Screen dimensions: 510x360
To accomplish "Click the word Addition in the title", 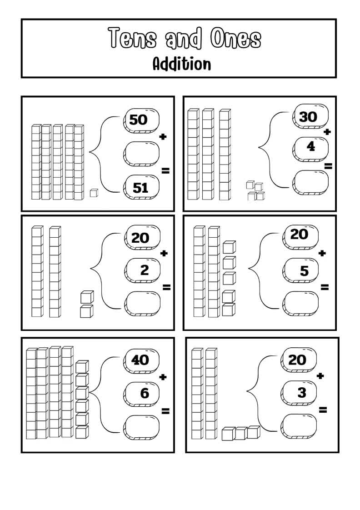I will (x=181, y=64).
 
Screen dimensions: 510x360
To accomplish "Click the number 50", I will (x=139, y=120).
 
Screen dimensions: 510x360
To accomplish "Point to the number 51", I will (x=140, y=187).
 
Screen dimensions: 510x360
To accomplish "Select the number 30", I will (x=308, y=117).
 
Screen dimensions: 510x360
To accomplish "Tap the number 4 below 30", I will (x=311, y=146).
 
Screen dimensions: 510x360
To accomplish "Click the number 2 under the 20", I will (x=145, y=270).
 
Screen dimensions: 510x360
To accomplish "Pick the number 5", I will (x=304, y=271).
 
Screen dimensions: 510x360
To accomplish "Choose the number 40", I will (x=140, y=360).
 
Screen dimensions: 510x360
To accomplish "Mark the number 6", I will (x=145, y=393).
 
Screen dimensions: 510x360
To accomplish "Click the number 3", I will (x=302, y=392).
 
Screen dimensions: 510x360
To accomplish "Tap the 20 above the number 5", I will (x=299, y=235).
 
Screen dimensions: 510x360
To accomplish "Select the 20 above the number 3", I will (x=297, y=360).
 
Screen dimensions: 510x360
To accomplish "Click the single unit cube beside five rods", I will (x=94, y=193).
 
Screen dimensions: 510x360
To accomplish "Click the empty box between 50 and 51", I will (x=140, y=154).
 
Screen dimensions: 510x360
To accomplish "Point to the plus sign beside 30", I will (x=327, y=132).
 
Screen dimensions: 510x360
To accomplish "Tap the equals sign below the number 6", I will (x=165, y=411).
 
